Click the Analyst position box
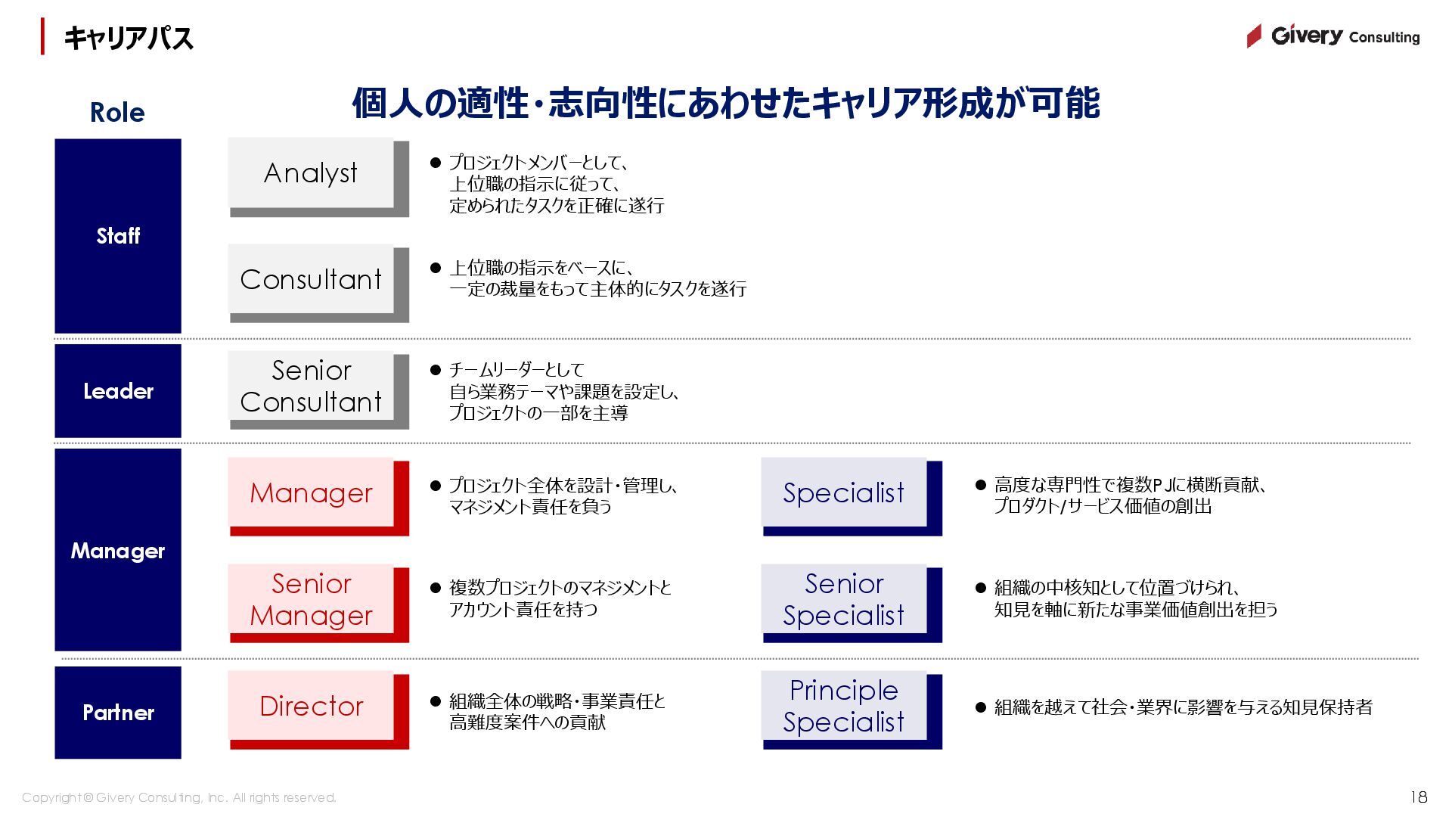tap(311, 173)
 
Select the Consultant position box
tap(311, 279)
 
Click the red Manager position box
tap(311, 492)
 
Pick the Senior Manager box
tap(311, 599)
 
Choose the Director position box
tap(311, 706)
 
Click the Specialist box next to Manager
tap(843, 492)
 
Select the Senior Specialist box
tap(843, 599)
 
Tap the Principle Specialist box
tap(843, 706)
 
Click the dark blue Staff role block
tap(118, 235)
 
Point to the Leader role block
tap(118, 391)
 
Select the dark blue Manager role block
tap(118, 550)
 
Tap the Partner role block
tap(118, 713)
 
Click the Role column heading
tap(117, 112)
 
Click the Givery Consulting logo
tap(1333, 36)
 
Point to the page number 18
tap(1418, 797)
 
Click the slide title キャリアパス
tap(128, 38)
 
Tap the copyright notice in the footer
tap(179, 797)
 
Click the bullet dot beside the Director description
tap(435, 701)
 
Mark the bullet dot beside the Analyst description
tap(435, 163)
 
